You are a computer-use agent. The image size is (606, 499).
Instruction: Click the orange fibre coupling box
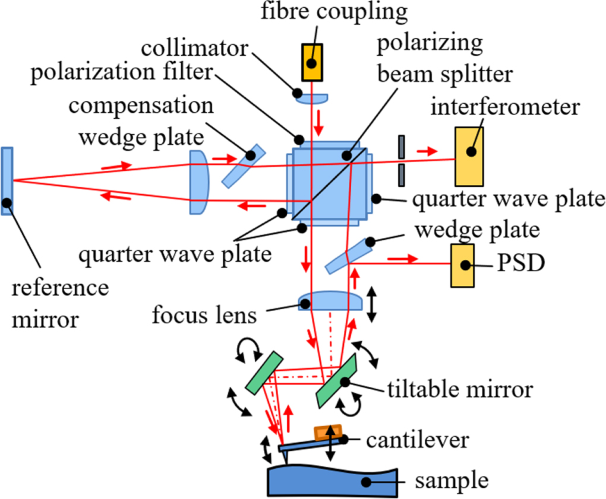point(311,62)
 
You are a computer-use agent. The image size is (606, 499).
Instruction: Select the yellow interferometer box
point(469,157)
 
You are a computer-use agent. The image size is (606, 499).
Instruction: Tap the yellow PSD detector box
point(463,265)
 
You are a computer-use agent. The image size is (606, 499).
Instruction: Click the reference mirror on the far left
point(7,180)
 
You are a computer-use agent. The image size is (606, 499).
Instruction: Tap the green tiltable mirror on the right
point(336,381)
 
